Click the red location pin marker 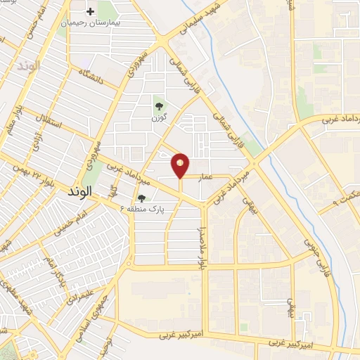click(x=180, y=165)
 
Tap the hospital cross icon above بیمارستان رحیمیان click(x=90, y=12)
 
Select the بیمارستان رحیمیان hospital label click(x=90, y=22)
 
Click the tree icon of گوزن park click(x=159, y=107)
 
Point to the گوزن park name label click(x=159, y=118)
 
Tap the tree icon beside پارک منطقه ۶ click(x=142, y=199)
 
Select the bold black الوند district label click(x=77, y=191)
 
